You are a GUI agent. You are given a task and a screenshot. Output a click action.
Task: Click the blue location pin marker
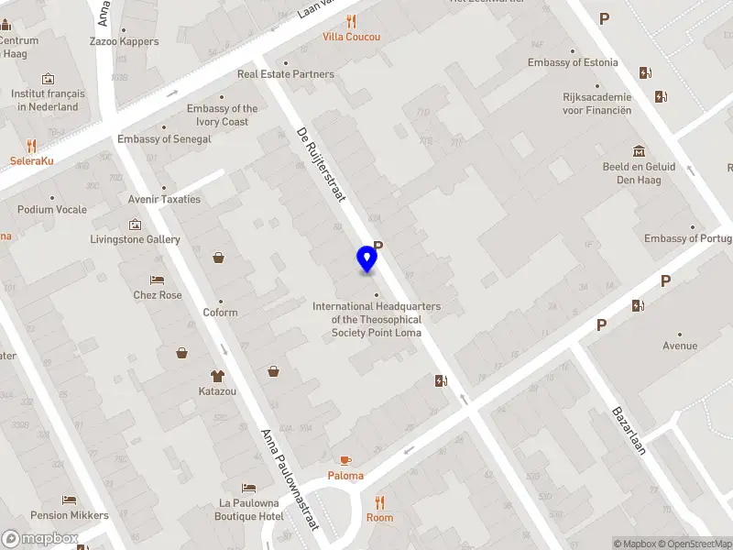coord(367,258)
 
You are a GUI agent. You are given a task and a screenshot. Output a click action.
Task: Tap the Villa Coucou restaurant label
coord(351,37)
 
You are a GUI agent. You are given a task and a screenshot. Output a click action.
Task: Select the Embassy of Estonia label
coord(573,62)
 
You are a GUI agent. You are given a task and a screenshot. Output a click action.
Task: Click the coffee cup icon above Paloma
coord(345,460)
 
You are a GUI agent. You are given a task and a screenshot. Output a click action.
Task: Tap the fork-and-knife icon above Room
coord(379,502)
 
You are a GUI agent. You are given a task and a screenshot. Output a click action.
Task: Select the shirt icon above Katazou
coord(217,376)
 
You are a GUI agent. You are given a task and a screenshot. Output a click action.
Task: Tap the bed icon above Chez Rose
coord(157,280)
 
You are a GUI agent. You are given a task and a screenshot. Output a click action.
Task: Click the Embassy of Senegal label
coord(164,139)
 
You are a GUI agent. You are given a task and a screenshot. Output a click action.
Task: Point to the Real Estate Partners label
coord(286,74)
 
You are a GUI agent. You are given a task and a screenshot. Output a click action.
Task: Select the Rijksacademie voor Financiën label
coord(596,104)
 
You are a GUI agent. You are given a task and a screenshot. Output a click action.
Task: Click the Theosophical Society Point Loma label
coord(377,319)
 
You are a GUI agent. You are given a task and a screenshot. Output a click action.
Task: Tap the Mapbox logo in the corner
coord(41,539)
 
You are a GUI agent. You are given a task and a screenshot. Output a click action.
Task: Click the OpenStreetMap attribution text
coord(695,544)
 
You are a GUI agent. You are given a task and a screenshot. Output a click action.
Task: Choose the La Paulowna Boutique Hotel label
coord(251,510)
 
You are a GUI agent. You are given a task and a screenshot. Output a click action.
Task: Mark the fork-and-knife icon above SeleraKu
coord(32,146)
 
